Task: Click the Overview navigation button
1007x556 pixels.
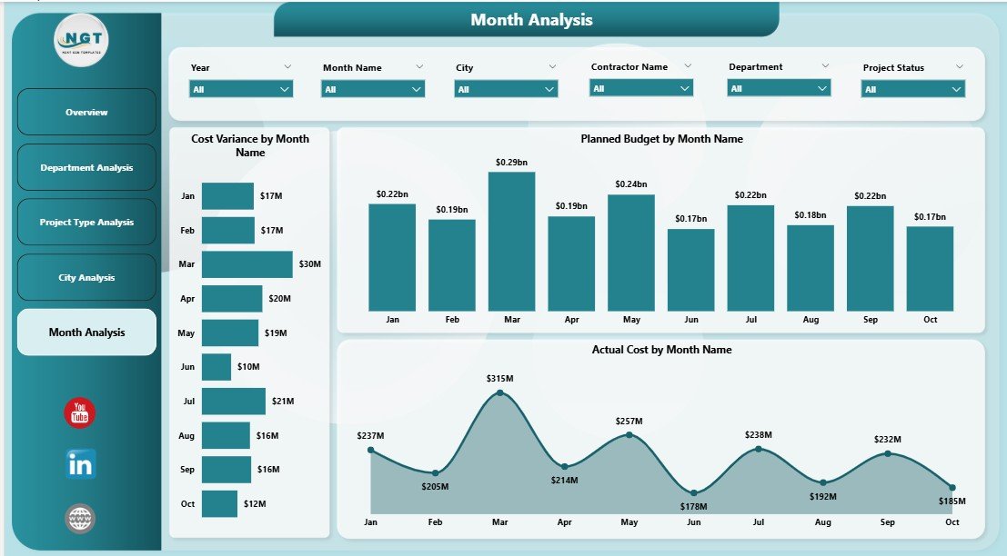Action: click(x=86, y=112)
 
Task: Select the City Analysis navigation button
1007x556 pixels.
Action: click(x=86, y=278)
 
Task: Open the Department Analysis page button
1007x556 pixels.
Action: click(x=86, y=167)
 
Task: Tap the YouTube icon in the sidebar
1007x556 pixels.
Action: click(x=80, y=413)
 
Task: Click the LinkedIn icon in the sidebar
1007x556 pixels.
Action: click(x=80, y=464)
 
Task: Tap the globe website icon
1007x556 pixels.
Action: click(x=80, y=519)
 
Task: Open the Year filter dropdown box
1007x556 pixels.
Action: click(x=241, y=89)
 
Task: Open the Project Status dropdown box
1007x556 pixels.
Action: click(x=912, y=89)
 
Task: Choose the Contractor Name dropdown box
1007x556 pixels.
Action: click(x=641, y=88)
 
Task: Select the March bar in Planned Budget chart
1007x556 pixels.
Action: click(x=511, y=242)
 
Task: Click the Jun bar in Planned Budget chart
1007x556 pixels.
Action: click(x=690, y=270)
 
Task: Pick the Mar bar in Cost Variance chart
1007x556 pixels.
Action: click(x=247, y=264)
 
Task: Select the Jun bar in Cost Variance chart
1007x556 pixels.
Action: click(x=217, y=367)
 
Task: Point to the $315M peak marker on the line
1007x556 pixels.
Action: click(x=499, y=393)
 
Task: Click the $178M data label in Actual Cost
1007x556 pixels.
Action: click(x=693, y=507)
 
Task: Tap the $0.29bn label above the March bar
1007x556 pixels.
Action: click(x=511, y=162)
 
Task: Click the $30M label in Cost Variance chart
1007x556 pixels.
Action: click(x=309, y=264)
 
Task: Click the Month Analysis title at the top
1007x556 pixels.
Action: click(x=531, y=19)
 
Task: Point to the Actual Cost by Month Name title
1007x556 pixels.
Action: click(x=661, y=349)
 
